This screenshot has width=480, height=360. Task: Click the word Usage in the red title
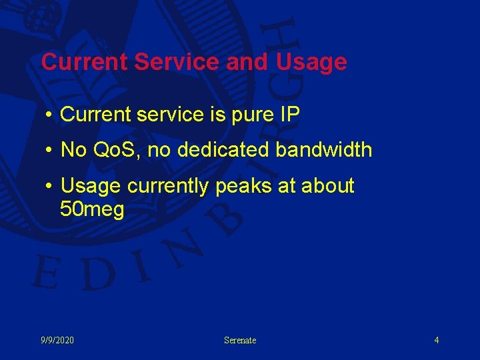pos(311,63)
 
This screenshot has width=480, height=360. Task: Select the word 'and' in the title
pos(245,62)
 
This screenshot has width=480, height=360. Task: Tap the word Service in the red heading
pos(177,62)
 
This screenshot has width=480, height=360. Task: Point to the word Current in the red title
pos(85,62)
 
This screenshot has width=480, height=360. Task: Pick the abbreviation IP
pos(291,114)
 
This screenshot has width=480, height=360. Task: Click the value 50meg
pos(92,211)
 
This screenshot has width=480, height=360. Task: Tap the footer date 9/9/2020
pos(57,341)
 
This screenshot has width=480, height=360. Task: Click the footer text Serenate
pos(240,341)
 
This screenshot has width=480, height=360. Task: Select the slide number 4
pos(437,341)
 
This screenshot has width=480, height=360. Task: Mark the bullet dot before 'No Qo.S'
pos(50,151)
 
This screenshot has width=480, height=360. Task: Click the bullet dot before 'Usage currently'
pos(50,187)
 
